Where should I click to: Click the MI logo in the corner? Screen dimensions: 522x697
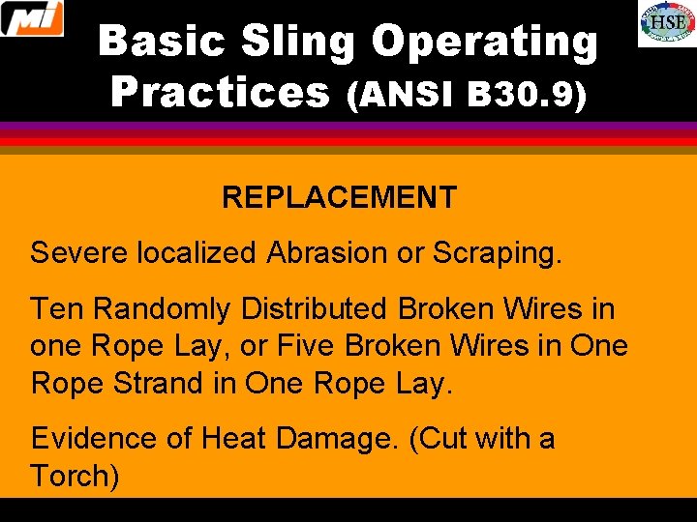pyautogui.click(x=32, y=18)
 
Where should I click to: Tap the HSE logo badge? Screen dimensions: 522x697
pyautogui.click(x=666, y=23)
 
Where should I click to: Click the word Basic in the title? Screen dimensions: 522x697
pyautogui.click(x=162, y=42)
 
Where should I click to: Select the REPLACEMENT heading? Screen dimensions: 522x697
pyautogui.click(x=339, y=198)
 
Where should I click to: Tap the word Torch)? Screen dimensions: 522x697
pyautogui.click(x=75, y=476)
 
